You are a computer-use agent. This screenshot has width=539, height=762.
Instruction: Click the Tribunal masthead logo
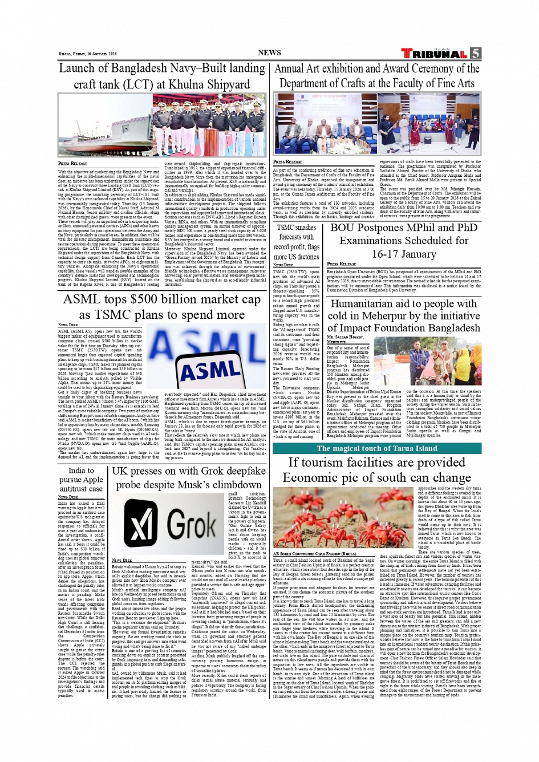coord(433,54)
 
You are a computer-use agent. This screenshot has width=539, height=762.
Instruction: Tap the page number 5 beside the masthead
coord(475,54)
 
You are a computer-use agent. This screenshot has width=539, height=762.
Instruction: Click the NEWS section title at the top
coord(269,52)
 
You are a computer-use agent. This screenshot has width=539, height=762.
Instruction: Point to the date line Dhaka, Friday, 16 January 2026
coord(87,54)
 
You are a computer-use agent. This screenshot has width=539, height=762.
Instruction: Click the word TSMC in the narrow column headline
coord(289,227)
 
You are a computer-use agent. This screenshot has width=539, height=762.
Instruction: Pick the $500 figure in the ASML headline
coord(149,300)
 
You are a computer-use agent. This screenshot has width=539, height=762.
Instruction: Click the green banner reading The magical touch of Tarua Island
coord(376,448)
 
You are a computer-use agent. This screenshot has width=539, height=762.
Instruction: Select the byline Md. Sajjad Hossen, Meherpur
coord(345,339)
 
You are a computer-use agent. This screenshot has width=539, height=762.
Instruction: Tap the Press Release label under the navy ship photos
coord(72,164)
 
